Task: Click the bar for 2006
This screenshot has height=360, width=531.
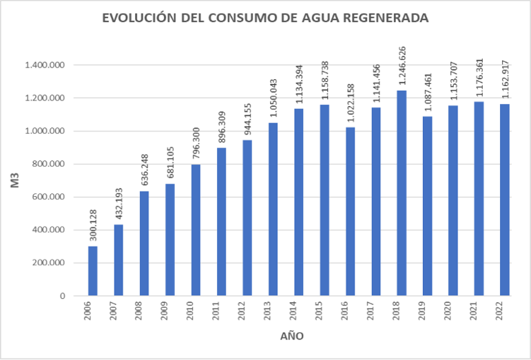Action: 93,271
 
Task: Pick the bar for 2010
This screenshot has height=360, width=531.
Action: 196,230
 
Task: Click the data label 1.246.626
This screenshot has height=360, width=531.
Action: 402,66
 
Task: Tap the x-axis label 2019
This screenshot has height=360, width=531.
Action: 428,313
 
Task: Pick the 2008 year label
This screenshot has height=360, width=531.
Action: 145,313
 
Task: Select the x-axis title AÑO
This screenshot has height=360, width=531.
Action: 290,337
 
